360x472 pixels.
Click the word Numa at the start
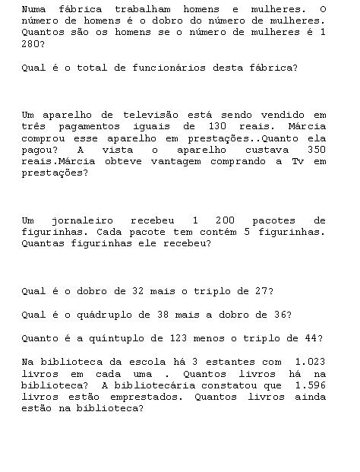coord(33,9)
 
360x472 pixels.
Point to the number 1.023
coord(310,362)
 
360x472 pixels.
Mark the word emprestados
coord(142,397)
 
